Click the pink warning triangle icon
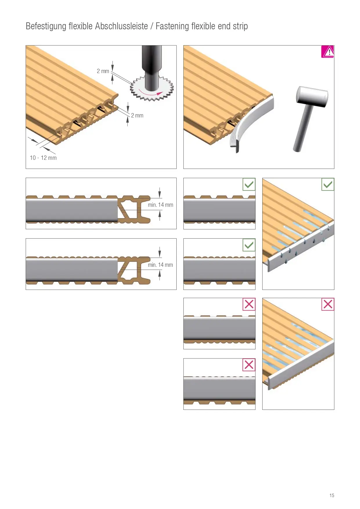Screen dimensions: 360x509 coord(328,52)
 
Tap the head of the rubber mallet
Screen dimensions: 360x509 coord(312,97)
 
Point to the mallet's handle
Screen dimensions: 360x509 coord(303,128)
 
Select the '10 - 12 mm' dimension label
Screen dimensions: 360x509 coord(43,158)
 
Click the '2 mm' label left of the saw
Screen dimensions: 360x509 coord(103,71)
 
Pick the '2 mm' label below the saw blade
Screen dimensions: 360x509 coord(137,115)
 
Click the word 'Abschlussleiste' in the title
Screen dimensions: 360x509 coord(122,26)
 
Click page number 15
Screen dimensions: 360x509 coord(332,495)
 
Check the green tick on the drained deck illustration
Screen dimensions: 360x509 coord(328,184)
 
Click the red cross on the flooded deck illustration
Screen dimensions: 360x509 coord(328,304)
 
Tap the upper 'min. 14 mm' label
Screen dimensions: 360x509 coord(160,205)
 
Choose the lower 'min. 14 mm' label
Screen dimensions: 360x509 coord(160,265)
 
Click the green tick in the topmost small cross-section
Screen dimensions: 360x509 coord(249,184)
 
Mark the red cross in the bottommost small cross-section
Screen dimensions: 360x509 coord(249,365)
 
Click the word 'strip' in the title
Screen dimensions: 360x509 coord(240,26)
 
